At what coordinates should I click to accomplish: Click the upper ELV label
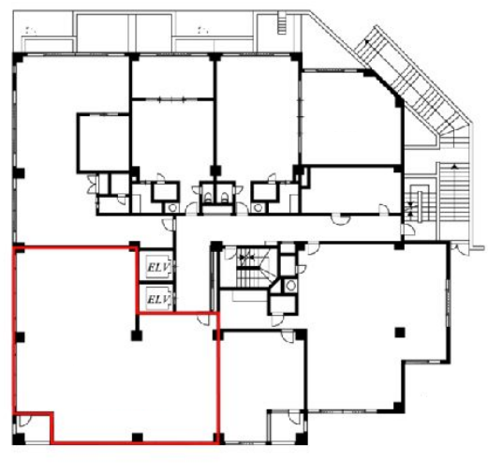point(159,267)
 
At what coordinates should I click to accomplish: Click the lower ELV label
point(159,300)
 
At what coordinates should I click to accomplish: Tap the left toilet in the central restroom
point(207,197)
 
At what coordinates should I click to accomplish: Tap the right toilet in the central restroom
point(224,197)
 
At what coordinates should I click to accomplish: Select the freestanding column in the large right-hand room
point(400,332)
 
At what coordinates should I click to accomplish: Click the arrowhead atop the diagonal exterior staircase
point(368,41)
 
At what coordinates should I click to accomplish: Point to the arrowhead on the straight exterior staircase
point(455,167)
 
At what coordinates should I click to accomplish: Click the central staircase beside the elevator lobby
point(252,268)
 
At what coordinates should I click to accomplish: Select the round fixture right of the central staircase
point(290,286)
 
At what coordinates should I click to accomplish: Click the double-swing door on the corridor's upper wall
point(340,219)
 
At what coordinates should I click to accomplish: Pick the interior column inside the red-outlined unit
point(137,335)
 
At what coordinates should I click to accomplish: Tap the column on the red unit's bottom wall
point(137,438)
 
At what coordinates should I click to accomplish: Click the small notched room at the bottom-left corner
point(33,428)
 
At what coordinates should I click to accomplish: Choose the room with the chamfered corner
point(351,118)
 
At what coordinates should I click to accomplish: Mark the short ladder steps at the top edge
point(281,23)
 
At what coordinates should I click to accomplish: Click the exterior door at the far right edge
point(457,247)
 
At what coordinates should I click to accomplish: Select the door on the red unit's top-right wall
point(204,319)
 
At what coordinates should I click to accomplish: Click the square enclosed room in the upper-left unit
point(103,143)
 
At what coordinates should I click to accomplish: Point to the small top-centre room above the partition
point(172,78)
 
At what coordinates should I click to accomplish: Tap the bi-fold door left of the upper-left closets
point(92,185)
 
